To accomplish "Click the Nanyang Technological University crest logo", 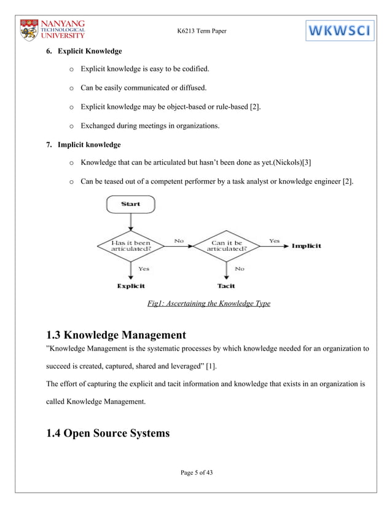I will (x=29, y=30).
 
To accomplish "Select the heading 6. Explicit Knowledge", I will (x=84, y=50).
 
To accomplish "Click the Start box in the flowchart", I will (x=130, y=204).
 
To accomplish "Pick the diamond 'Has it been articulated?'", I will (x=130, y=245).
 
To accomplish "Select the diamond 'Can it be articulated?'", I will (x=228, y=245).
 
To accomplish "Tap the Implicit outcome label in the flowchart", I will (x=306, y=246).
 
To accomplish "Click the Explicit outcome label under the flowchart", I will (x=131, y=286).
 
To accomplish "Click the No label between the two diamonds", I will (x=179, y=241).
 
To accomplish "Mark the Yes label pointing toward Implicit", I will (x=274, y=241).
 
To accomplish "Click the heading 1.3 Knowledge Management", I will (x=116, y=335).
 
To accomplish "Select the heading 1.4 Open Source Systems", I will (x=108, y=433).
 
